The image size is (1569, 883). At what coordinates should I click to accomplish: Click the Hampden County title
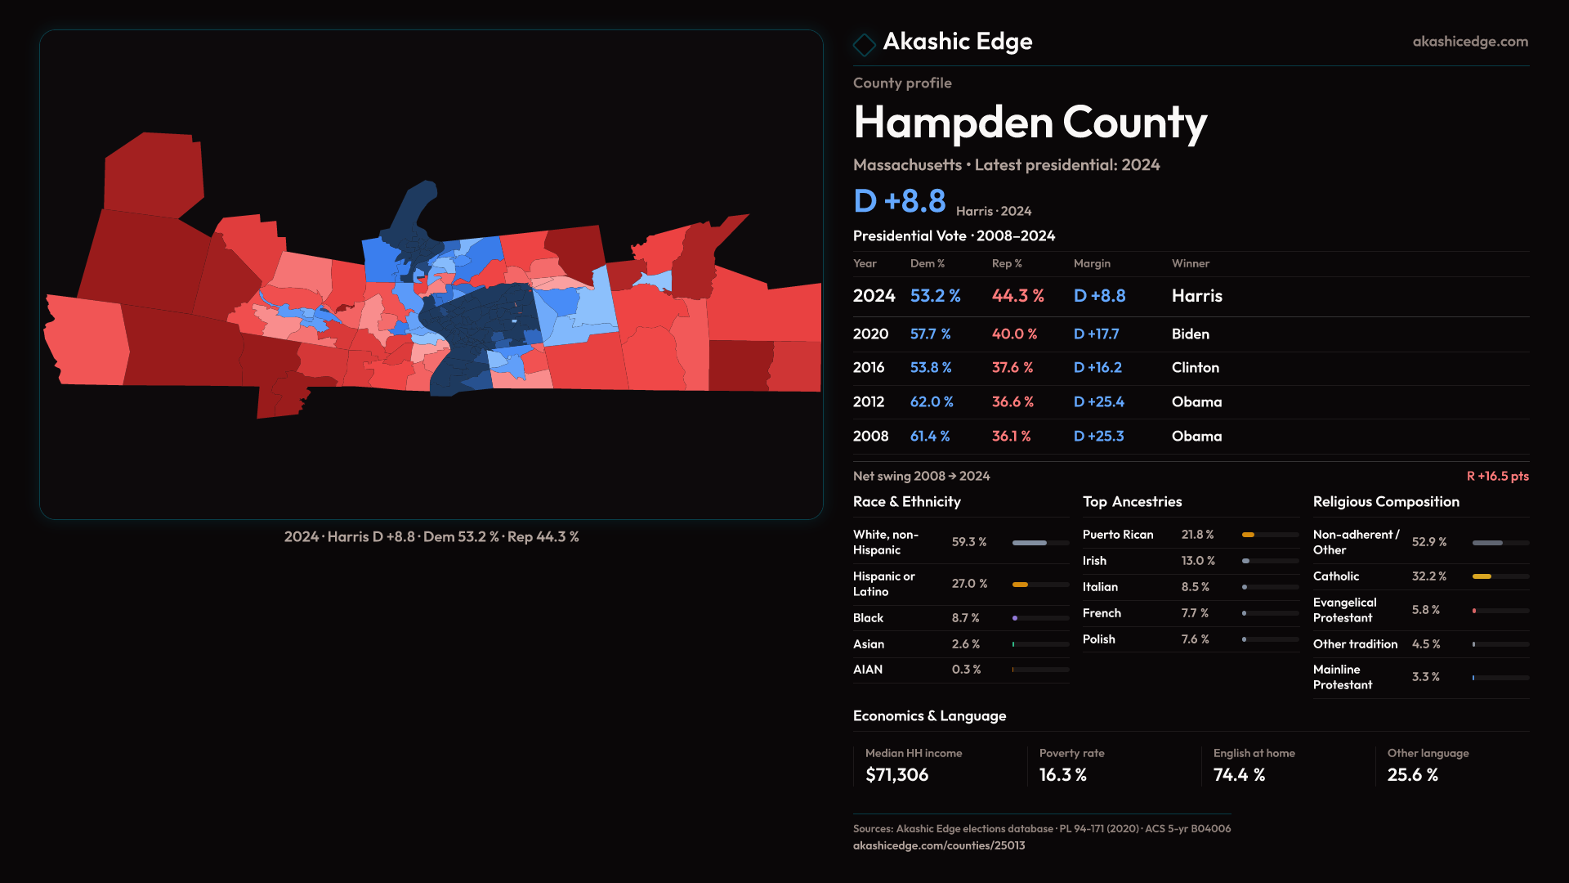tap(1030, 123)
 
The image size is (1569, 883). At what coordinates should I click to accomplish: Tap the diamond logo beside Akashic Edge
tap(864, 44)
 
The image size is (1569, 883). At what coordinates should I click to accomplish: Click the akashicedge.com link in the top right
tap(1470, 42)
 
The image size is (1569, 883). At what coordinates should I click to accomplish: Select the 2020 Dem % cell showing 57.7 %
tap(930, 334)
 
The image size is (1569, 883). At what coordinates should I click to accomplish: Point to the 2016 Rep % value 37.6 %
tap(1012, 368)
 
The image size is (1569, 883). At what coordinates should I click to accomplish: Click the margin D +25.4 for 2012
tap(1098, 402)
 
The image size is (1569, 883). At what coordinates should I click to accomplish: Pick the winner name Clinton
tap(1195, 368)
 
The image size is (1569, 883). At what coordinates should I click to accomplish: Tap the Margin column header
tap(1092, 264)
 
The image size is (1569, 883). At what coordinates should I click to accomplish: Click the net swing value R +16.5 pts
tap(1497, 477)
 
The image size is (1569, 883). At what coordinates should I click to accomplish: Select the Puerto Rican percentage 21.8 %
tap(1197, 535)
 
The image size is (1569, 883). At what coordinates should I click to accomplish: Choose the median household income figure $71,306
tap(896, 775)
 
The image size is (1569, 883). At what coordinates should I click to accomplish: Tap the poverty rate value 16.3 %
tap(1062, 775)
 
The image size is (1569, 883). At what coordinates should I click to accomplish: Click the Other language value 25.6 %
tap(1412, 775)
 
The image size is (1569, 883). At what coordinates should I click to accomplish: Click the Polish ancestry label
tap(1098, 639)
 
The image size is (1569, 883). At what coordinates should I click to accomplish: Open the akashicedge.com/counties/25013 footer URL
tap(938, 846)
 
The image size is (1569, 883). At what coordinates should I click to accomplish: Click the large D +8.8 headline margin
tap(899, 201)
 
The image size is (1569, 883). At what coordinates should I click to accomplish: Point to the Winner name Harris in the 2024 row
tap(1196, 296)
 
